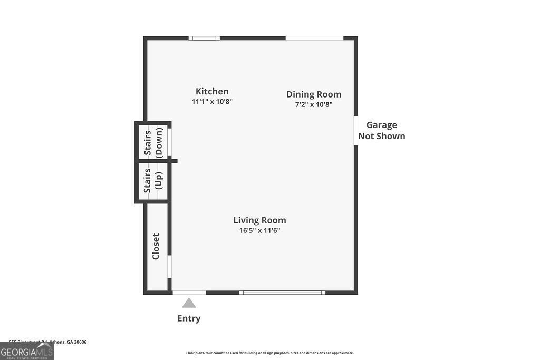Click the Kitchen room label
pos(212,91)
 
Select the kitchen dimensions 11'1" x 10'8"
pos(212,102)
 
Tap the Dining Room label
pos(314,94)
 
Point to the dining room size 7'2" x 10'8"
pos(314,104)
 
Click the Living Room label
pos(259,220)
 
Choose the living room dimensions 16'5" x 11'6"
pos(259,230)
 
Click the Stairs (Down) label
pos(153,142)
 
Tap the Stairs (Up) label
pos(153,180)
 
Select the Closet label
pos(156,246)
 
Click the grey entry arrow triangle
pos(189,303)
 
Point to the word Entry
pos(189,318)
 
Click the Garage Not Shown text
pos(382,130)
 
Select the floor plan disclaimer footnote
pos(269,353)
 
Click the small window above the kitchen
pos(205,38)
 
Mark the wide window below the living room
pos(282,292)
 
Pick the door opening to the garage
pos(356,131)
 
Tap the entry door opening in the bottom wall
pos(189,292)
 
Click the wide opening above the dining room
pos(314,38)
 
